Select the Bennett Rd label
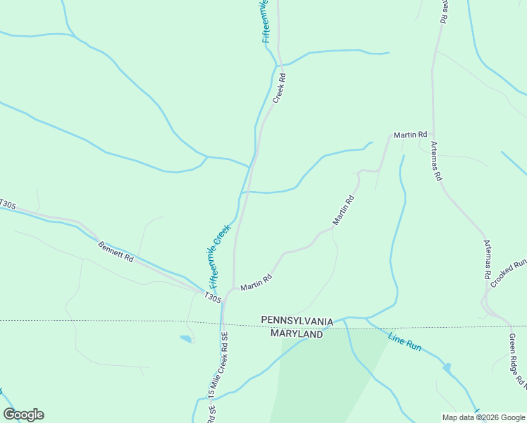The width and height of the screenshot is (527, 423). coord(116,252)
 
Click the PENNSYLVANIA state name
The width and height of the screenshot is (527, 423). coord(297,321)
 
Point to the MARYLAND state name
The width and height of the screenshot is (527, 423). coord(297,333)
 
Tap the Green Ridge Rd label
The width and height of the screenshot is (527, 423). coord(517,360)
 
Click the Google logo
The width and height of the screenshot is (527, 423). coord(23,415)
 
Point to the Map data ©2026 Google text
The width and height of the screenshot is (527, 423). coord(483,417)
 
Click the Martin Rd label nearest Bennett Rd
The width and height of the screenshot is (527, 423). coord(256,283)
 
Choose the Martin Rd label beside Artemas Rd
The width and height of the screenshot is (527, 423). coord(410,134)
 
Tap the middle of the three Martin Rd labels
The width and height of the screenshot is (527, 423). coord(343,210)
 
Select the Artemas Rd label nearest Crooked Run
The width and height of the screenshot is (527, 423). coord(487,259)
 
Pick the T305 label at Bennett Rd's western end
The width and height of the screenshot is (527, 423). coord(7,204)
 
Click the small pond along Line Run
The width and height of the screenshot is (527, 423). coord(447,368)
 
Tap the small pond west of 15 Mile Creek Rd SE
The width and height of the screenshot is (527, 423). coord(186,339)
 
